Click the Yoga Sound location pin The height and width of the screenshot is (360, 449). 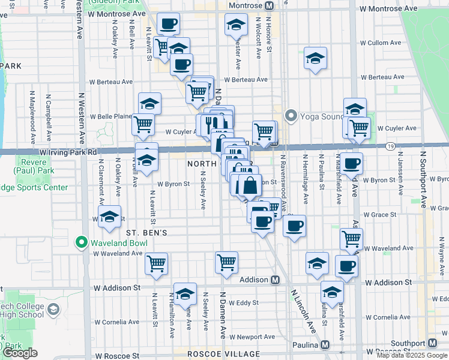click(x=292, y=115)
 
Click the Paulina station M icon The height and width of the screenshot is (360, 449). click(x=325, y=345)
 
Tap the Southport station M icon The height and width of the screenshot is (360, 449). click(x=432, y=344)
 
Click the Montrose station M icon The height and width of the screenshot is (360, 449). click(x=270, y=5)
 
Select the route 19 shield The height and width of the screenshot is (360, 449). click(x=391, y=146)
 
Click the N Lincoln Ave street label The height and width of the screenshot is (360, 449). click(x=303, y=311)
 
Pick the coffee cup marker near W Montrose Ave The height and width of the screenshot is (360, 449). click(x=169, y=24)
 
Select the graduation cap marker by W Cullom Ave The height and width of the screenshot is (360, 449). click(x=315, y=58)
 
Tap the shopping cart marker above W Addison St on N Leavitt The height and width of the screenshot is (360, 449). click(x=156, y=263)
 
